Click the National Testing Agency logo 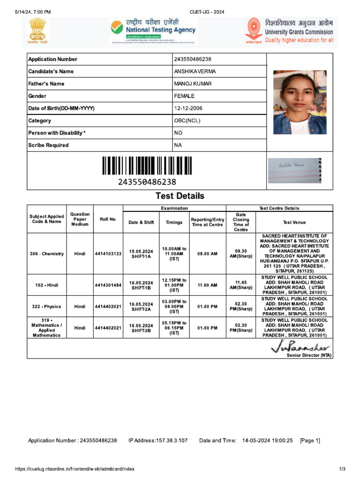[x=153, y=31]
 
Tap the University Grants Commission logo [x=289, y=31]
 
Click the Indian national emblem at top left [x=38, y=32]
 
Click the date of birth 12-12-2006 [x=188, y=108]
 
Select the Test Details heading [x=180, y=196]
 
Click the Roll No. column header [x=108, y=219]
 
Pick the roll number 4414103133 [x=108, y=254]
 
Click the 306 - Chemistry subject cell [x=47, y=254]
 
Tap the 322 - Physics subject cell [x=47, y=307]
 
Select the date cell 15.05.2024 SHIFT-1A [x=141, y=254]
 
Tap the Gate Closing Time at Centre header [x=241, y=222]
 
